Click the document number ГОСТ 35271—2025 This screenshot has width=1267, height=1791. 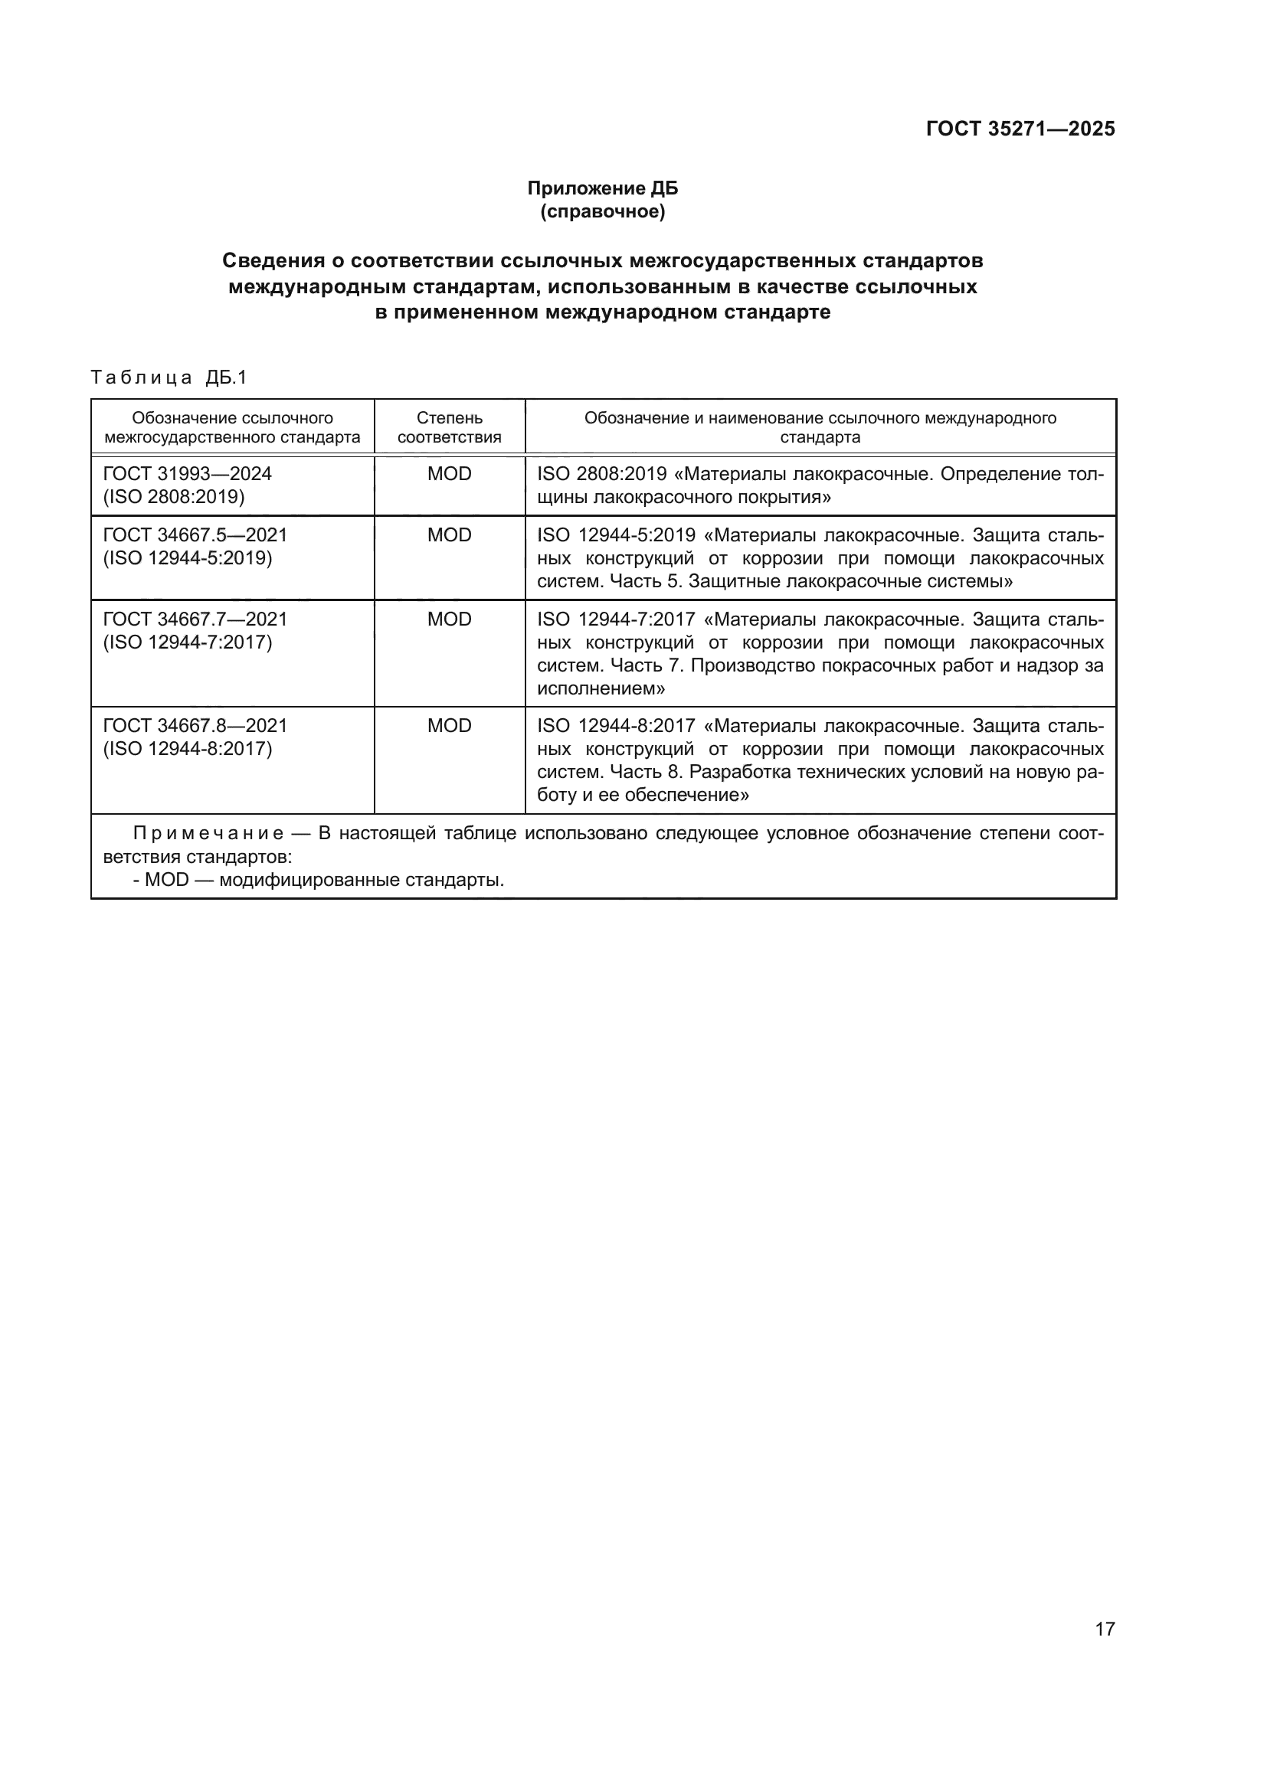pos(1020,129)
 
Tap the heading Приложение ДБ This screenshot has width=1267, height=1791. pos(602,188)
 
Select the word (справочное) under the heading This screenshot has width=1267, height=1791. pos(602,211)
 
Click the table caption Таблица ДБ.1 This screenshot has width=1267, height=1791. pos(169,377)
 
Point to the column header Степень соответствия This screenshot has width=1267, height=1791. pos(450,427)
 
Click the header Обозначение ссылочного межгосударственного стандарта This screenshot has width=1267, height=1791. pos(233,427)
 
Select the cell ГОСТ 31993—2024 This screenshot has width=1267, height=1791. pos(187,473)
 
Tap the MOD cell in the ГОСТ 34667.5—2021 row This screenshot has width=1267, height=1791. pos(450,535)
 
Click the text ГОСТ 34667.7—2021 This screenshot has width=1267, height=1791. pos(195,619)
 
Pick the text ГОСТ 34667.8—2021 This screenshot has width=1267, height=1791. pos(195,725)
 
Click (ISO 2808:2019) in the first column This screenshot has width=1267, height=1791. pos(174,497)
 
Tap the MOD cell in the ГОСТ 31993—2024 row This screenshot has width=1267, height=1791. pos(450,473)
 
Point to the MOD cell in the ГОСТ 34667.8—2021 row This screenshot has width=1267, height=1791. pos(450,725)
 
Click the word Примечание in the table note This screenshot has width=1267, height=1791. pos(208,834)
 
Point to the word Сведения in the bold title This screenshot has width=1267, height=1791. pos(272,260)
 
